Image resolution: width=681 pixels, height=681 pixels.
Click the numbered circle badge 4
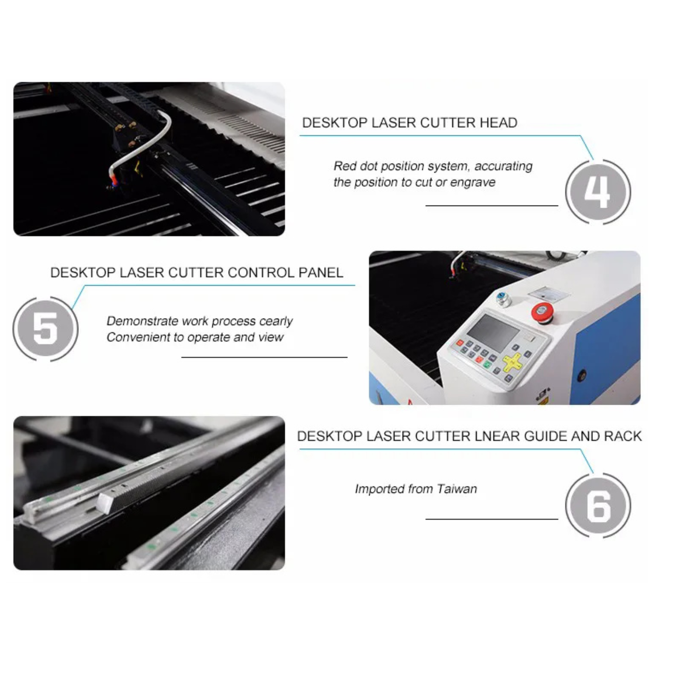(598, 192)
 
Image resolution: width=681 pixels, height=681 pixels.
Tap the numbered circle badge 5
(46, 329)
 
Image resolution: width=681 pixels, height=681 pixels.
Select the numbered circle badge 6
(598, 506)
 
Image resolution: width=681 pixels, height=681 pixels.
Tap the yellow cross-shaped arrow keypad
(512, 362)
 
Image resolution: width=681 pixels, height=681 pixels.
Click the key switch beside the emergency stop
(504, 298)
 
